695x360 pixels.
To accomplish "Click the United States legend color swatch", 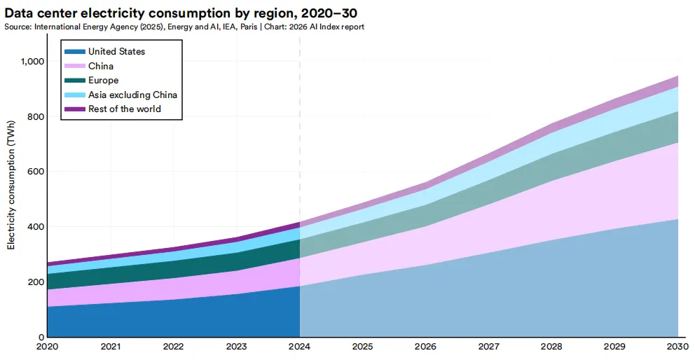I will pos(75,52).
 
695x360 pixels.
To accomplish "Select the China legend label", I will pos(101,66).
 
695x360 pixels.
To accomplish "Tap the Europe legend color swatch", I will pos(75,81).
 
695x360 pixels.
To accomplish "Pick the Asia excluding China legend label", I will pos(132,95).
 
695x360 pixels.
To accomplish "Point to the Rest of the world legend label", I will pos(124,109).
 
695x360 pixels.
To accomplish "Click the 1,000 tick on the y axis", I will pos(31,62).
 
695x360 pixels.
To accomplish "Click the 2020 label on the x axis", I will pos(48,347).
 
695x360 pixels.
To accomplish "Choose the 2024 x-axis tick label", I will pos(300,347).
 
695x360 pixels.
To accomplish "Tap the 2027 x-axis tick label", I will pos(489,347).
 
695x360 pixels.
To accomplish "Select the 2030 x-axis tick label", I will pos(677,347).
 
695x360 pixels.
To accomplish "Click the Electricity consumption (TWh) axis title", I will pos(11,191).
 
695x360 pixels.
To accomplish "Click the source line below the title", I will pos(184,27).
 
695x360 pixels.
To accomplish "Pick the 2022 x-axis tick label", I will pos(174,347).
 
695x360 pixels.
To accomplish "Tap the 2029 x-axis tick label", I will pos(615,347).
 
